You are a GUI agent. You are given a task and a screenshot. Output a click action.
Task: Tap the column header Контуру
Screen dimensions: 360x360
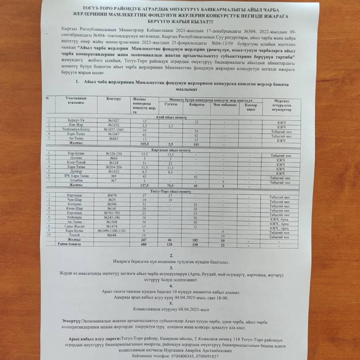(x=114, y=99)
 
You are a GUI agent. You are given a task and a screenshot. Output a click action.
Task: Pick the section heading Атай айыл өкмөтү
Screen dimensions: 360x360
(x=174, y=117)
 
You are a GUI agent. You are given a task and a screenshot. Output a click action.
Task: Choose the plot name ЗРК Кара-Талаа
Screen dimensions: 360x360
(x=76, y=176)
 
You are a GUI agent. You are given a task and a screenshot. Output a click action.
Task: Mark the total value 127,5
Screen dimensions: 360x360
(x=144, y=185)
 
